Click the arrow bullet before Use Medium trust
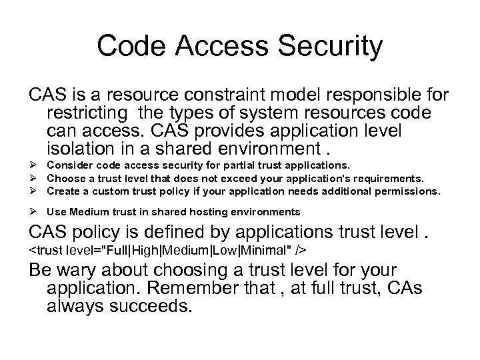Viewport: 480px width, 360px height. (34, 212)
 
